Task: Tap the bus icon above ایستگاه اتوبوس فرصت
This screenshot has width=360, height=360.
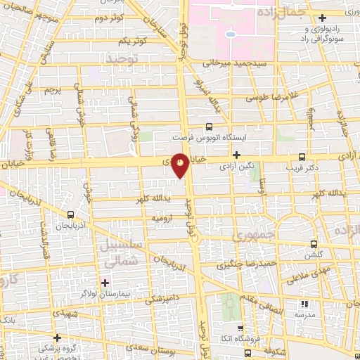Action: click(208, 127)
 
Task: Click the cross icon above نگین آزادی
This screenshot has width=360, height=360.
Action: click(237, 155)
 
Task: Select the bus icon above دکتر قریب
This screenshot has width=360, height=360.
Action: click(302, 157)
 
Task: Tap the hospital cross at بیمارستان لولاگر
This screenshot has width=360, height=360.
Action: click(105, 283)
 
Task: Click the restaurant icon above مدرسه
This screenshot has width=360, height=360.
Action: click(304, 304)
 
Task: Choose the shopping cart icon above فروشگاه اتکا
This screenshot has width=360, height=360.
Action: click(240, 328)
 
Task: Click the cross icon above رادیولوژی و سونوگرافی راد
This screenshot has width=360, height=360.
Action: click(323, 18)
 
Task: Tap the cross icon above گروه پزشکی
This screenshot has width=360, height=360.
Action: click(57, 338)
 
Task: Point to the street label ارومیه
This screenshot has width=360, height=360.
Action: click(163, 219)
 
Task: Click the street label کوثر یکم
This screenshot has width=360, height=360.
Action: click(134, 41)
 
